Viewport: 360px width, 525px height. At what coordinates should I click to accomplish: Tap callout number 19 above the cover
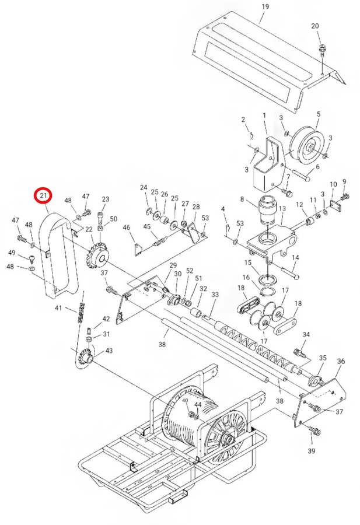265,6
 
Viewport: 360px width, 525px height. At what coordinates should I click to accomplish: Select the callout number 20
315,26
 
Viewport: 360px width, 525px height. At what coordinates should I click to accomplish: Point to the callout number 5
319,114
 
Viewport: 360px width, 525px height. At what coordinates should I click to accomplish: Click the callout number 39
311,452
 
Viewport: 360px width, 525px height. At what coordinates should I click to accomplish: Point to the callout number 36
341,361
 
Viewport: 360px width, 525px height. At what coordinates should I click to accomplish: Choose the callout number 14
295,257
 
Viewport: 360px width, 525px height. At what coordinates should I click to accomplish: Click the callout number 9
344,181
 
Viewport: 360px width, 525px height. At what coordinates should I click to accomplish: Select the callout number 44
198,404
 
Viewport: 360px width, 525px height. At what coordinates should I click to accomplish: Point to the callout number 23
106,199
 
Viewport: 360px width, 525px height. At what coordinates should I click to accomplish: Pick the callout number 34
306,335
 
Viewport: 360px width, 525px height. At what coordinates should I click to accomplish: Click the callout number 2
243,120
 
